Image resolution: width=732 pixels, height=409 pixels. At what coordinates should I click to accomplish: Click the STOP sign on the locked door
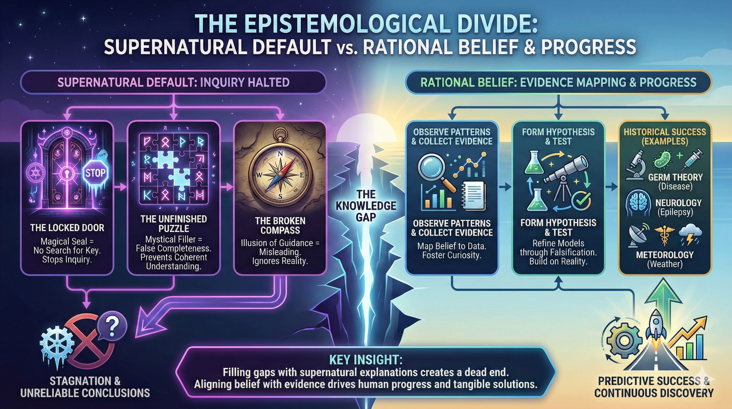[95, 173]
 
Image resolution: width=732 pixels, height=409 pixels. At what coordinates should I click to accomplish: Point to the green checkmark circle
[581, 201]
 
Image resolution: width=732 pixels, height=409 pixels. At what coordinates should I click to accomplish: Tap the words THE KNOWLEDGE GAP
[366, 206]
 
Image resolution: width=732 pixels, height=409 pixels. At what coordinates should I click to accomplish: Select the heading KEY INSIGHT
[366, 360]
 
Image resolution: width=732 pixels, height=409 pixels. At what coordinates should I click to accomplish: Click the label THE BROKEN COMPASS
[280, 225]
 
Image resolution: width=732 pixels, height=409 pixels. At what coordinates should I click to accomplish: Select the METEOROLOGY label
[665, 255]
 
